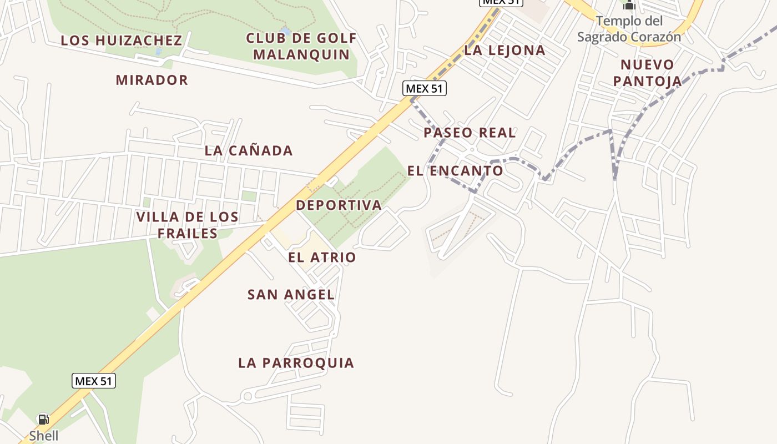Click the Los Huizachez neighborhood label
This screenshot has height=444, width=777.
pos(121,41)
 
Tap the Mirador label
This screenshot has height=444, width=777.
pos(152,80)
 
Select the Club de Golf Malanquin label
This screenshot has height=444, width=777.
pos(301,47)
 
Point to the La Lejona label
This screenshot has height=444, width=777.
pos(504,51)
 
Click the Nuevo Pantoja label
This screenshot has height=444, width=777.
pos(647,73)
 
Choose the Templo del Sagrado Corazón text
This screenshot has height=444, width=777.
pos(629,29)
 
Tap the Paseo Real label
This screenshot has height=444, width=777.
pos(470,133)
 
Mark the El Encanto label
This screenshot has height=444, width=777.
pos(455,171)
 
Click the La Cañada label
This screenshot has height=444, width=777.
pos(249,150)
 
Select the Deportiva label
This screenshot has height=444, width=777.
pos(339,205)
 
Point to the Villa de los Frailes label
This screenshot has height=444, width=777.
pos(188,225)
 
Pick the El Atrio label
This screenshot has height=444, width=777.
pos(322,258)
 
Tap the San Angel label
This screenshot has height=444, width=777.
pos(291,295)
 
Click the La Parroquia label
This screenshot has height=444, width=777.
pos(296,363)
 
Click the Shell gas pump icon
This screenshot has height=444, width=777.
pos(43,419)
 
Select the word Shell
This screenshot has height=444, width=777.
pos(44,436)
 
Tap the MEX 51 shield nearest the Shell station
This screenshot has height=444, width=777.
pos(94,381)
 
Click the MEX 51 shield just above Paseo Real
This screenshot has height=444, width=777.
pos(425,88)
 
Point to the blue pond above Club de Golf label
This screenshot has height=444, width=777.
pos(285,29)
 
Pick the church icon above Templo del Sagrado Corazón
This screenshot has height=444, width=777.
pos(629,5)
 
